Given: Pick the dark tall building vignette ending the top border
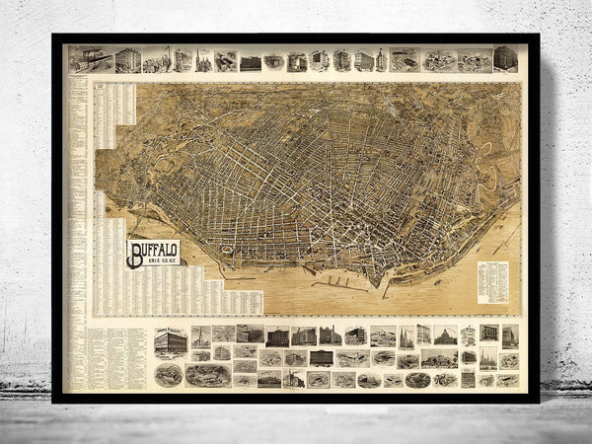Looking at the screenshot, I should click(x=505, y=58).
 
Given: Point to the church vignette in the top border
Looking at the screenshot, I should click(x=203, y=60).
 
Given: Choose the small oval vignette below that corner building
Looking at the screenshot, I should click(x=169, y=374).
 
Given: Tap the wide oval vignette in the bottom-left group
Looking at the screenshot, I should click(x=207, y=374).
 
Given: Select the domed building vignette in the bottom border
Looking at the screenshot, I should click(x=445, y=336).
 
